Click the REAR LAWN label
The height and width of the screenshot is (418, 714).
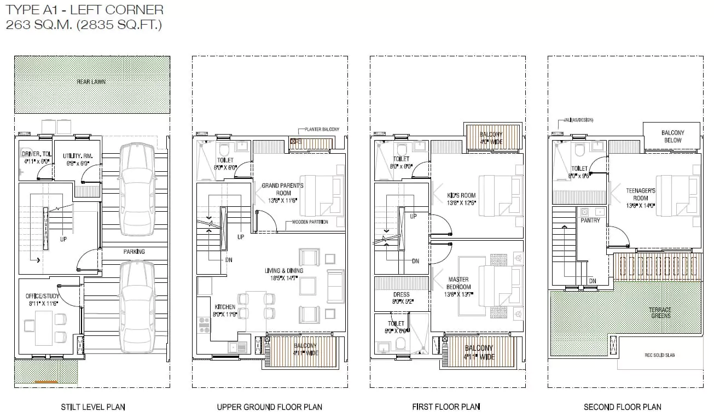click(x=91, y=82)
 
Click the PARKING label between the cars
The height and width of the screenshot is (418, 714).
click(x=134, y=252)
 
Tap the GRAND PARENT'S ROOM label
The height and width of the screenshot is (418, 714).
click(x=283, y=189)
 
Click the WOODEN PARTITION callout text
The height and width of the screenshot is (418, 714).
click(x=310, y=222)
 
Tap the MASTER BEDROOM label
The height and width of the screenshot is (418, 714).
click(x=458, y=283)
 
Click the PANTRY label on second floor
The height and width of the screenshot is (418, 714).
click(x=590, y=220)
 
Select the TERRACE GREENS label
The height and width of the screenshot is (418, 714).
click(x=660, y=312)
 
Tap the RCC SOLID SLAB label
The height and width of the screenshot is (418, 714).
click(x=659, y=355)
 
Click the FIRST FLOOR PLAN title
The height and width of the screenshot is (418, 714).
click(x=446, y=407)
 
